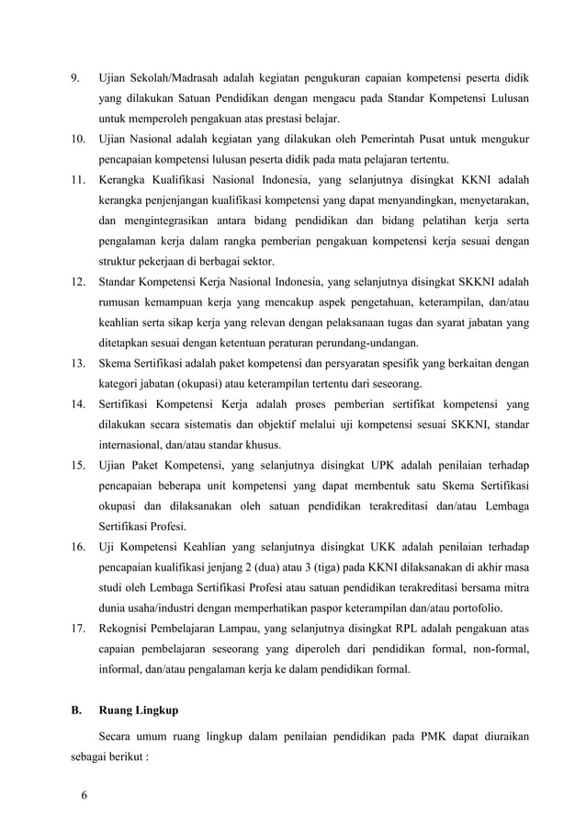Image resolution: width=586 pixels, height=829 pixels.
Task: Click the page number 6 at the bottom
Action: click(85, 795)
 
